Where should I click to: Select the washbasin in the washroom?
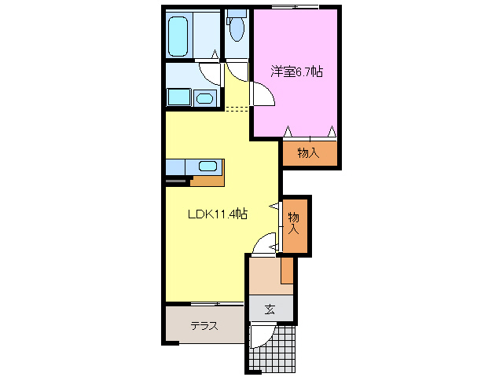click(x=204, y=98)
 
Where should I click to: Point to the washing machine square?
click(x=178, y=97)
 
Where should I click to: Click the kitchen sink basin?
click(x=207, y=166)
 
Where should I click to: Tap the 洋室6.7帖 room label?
click(x=297, y=71)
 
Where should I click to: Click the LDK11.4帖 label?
click(x=218, y=214)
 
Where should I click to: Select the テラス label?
click(x=204, y=326)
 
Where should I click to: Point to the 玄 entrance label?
click(x=270, y=309)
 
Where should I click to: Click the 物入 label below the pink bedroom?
click(x=309, y=153)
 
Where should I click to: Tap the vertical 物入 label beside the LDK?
click(x=294, y=223)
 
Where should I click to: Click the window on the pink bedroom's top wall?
click(x=295, y=7)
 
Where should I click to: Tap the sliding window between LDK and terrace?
click(x=206, y=303)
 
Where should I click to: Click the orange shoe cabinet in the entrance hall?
click(x=287, y=269)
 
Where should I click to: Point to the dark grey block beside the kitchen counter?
click(x=178, y=181)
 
